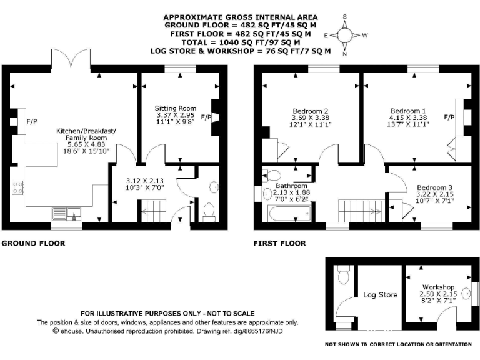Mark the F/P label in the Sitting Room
207,117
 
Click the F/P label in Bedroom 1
448,117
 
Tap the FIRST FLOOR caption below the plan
279,243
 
